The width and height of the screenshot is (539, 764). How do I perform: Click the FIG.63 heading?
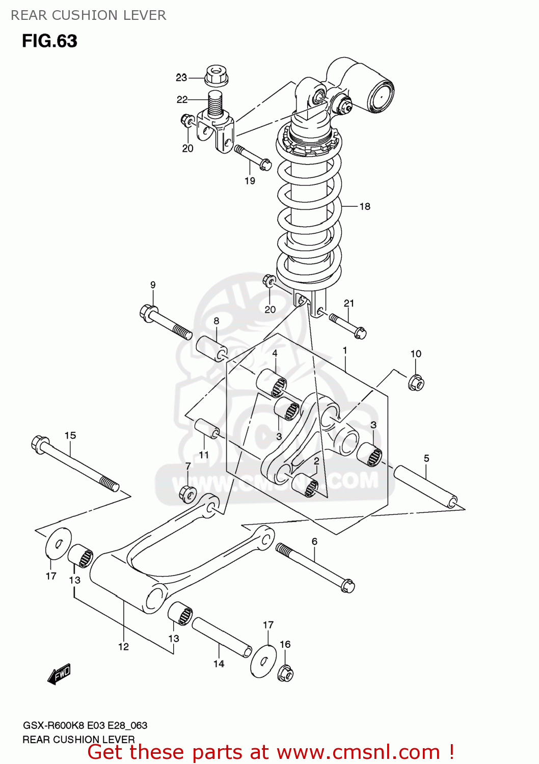(49, 41)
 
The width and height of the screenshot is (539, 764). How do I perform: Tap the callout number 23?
(181, 77)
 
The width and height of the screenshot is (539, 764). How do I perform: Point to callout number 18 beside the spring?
(365, 206)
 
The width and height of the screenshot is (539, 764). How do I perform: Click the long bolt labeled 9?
(165, 322)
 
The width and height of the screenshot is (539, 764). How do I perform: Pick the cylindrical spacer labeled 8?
(211, 349)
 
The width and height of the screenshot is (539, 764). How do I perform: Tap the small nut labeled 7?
(188, 493)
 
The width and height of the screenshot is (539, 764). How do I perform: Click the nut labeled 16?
(285, 673)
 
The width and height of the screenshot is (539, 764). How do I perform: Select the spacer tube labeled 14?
(222, 637)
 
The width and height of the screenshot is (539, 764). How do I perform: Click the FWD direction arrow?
(59, 674)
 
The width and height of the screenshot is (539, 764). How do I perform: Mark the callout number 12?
(123, 646)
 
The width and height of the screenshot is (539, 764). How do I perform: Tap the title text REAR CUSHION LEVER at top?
(88, 15)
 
